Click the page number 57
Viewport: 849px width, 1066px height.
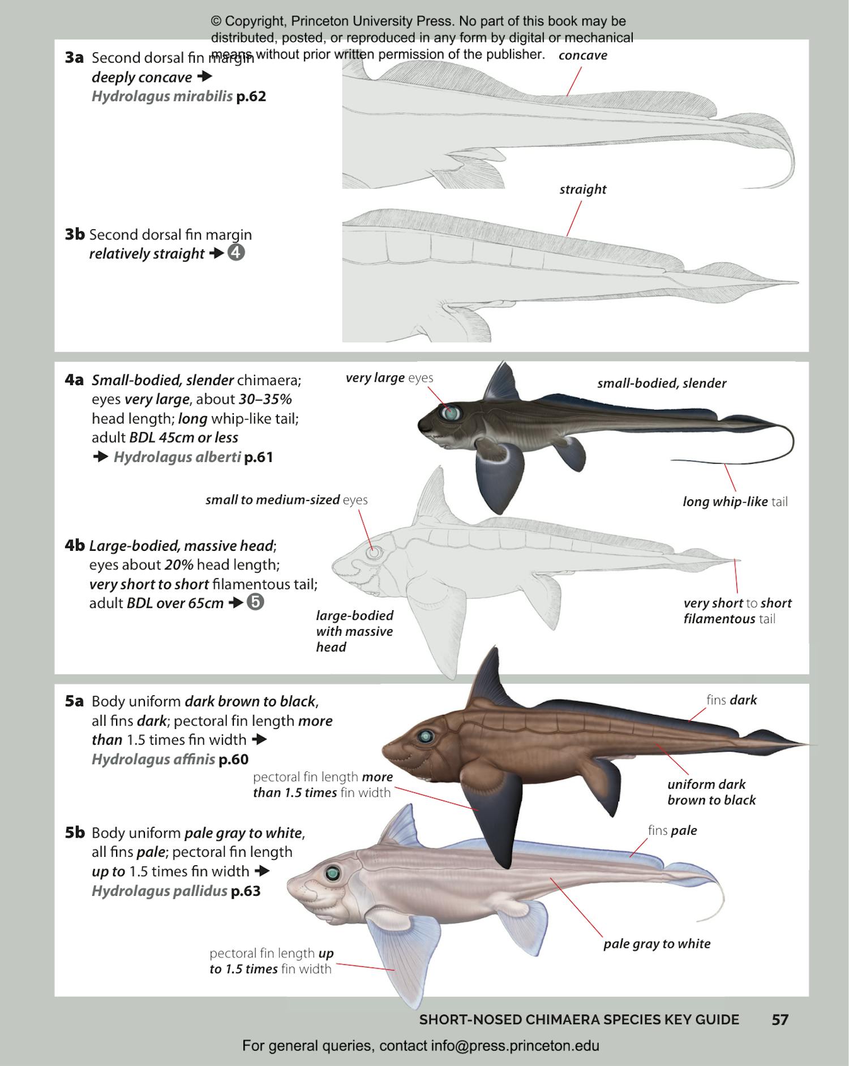[780, 1020]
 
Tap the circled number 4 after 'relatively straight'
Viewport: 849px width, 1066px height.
[236, 253]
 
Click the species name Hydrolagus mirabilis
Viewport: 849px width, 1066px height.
[162, 96]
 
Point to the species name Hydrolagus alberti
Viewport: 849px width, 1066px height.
[177, 457]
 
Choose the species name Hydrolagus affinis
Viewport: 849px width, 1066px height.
[153, 759]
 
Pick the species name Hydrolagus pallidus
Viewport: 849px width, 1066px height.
[159, 891]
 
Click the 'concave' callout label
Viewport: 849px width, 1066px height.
[582, 55]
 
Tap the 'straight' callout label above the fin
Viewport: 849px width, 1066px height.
[582, 189]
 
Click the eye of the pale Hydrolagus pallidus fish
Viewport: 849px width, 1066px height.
[332, 874]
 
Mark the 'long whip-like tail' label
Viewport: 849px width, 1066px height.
[735, 502]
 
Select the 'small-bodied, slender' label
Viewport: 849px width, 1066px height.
[661, 383]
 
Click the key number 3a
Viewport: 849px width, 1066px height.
[74, 58]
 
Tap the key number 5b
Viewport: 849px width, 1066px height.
[74, 832]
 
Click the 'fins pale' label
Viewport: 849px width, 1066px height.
[672, 831]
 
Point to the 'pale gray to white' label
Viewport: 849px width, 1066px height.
[657, 943]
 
